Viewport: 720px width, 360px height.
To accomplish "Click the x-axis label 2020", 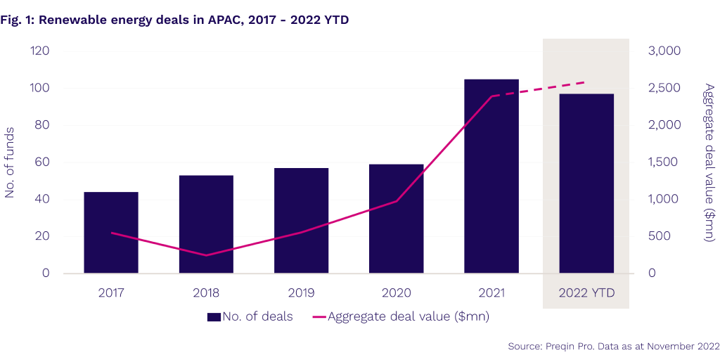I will [x=396, y=292].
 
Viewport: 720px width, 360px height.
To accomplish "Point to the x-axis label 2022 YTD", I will [x=586, y=292].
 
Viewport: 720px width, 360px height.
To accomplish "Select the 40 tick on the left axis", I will [x=42, y=200].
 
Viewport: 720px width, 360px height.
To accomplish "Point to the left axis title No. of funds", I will [x=11, y=162].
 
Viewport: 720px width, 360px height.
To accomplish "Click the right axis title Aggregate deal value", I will [x=709, y=162].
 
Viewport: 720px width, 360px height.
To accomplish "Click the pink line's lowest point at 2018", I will [x=206, y=255].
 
